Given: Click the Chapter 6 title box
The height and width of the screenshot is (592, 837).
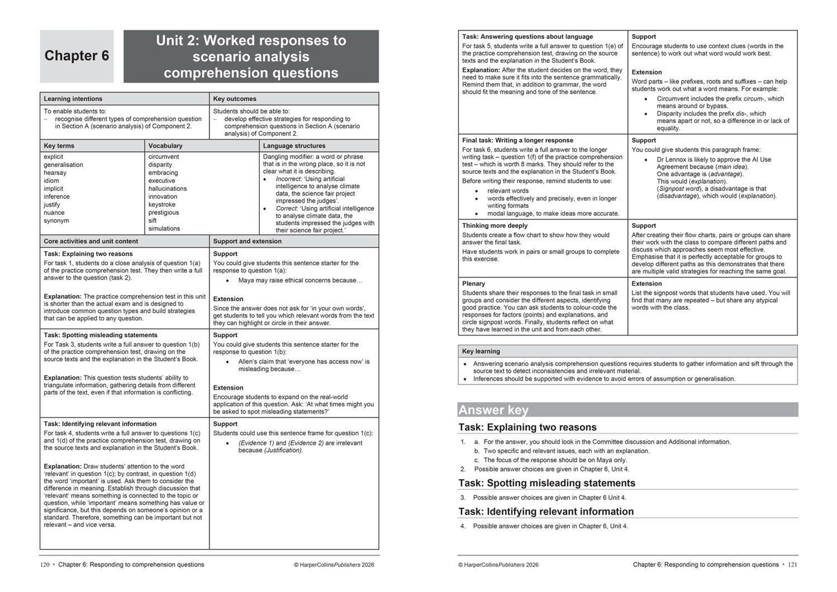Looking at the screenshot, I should click(x=77, y=56).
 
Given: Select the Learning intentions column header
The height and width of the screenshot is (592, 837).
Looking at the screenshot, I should click(x=73, y=99).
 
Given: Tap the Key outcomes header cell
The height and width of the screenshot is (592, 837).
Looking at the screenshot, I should click(x=234, y=99).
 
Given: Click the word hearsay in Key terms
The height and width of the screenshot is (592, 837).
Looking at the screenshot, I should click(x=55, y=173).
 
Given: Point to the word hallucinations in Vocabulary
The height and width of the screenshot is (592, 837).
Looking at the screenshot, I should click(x=167, y=189).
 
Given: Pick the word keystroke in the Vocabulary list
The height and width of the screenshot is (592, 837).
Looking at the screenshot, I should click(x=161, y=205).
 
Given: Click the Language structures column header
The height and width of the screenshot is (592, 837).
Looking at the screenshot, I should click(x=294, y=146).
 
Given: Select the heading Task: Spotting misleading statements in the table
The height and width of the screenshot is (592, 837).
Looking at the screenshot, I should click(x=101, y=335).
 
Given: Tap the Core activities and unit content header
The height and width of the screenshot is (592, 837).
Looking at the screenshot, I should click(x=91, y=241).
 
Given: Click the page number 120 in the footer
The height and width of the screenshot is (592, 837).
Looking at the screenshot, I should click(x=45, y=565).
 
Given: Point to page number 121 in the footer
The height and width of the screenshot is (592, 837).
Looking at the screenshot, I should click(x=792, y=565).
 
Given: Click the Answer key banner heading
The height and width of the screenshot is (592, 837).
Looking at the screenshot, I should click(x=493, y=410).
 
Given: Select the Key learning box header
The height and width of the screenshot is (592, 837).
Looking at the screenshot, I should click(x=481, y=351).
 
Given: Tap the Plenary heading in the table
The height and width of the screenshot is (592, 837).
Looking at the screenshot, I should click(x=474, y=283).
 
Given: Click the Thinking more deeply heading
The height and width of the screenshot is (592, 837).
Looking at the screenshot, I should click(x=494, y=226).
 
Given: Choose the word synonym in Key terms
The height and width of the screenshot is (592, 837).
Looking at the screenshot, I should click(x=56, y=221).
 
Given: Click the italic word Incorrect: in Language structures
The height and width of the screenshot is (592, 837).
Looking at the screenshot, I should click(x=289, y=179).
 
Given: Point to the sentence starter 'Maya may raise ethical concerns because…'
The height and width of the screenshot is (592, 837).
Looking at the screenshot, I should click(x=300, y=280).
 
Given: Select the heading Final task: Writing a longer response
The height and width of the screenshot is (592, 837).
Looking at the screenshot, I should click(x=517, y=141).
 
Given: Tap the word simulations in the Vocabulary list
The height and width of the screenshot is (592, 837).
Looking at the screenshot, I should click(x=164, y=229).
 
